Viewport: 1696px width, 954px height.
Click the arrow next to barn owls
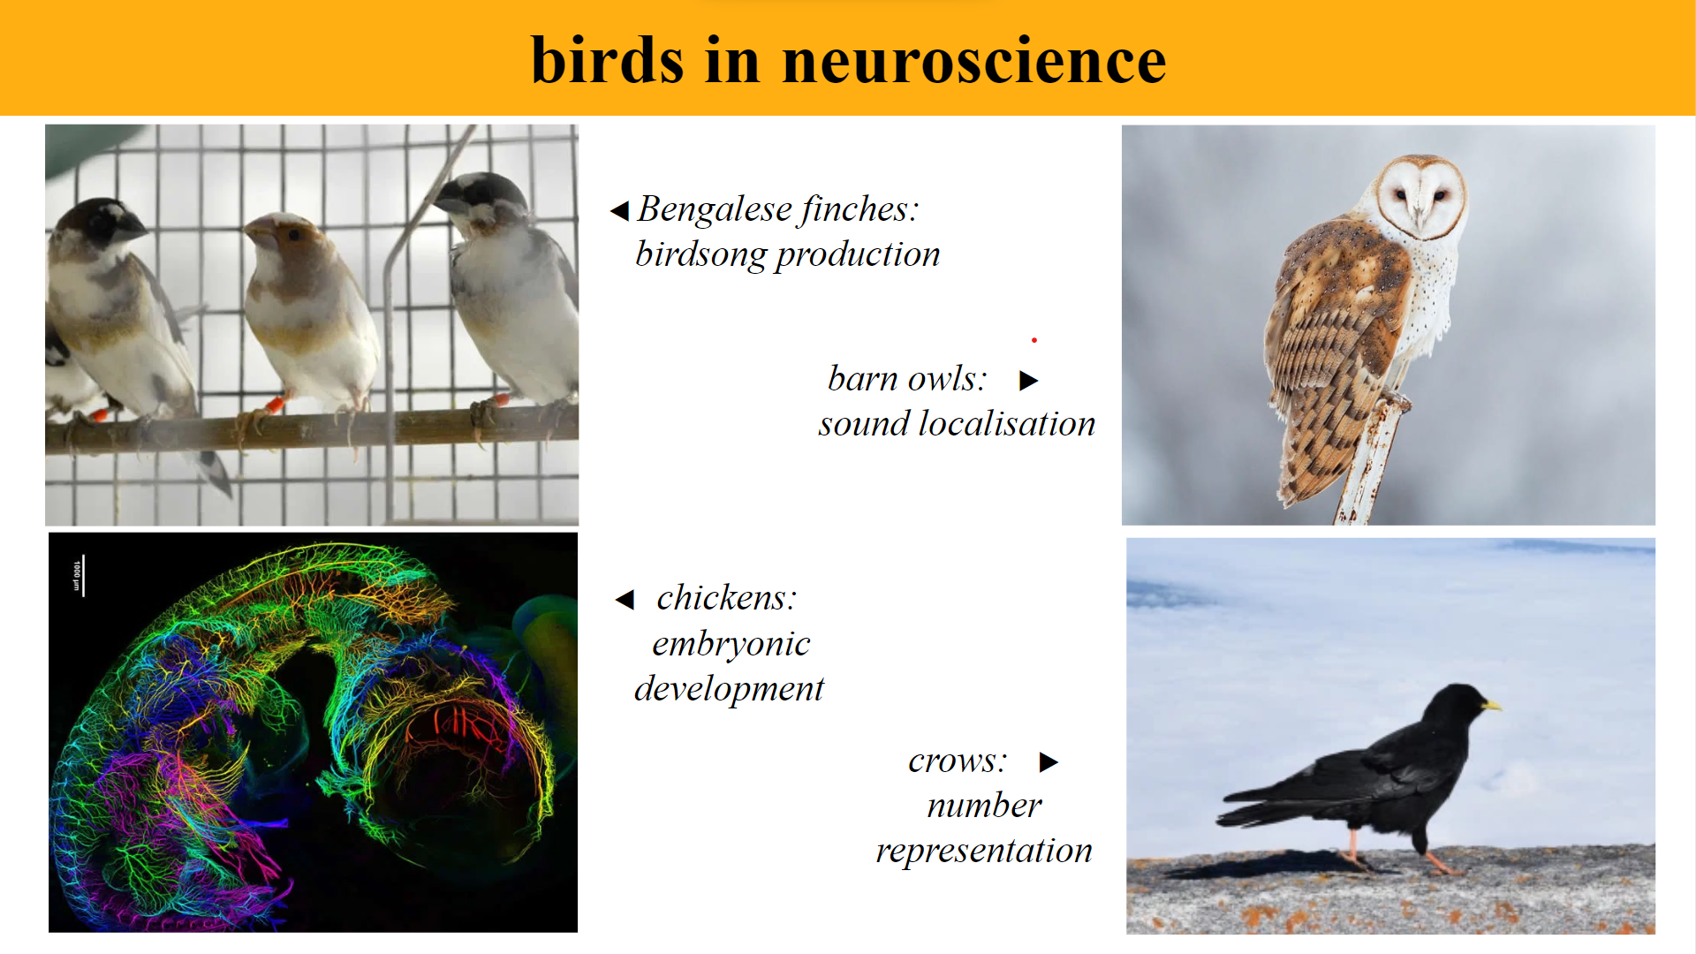point(1028,381)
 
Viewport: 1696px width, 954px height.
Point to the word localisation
point(1006,424)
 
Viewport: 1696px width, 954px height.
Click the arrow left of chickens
point(625,600)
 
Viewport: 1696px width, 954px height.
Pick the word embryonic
point(731,644)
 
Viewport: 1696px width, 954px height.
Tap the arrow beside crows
point(1049,762)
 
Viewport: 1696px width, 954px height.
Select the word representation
point(983,851)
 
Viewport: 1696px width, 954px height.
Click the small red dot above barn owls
point(1033,340)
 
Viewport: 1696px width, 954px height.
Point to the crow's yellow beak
point(1491,705)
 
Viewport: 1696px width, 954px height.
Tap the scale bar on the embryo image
point(83,576)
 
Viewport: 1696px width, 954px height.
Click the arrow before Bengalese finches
point(619,211)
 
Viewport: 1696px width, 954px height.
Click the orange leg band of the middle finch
point(275,405)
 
